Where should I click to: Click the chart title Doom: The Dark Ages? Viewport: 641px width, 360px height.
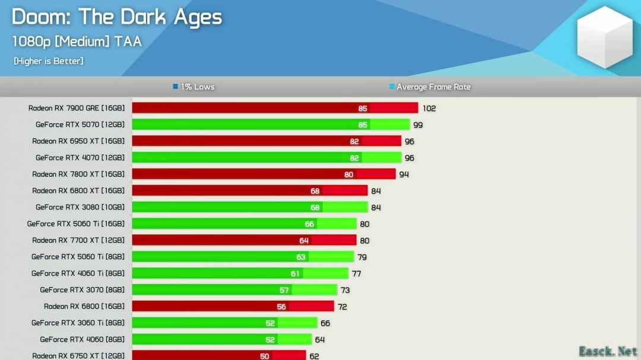pos(116,17)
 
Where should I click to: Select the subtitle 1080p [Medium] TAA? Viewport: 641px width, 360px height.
pos(77,42)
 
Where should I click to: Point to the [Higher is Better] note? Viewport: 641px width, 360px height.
pos(48,61)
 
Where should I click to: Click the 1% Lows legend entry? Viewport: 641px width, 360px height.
pos(193,87)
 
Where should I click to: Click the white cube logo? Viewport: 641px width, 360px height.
pos(605,37)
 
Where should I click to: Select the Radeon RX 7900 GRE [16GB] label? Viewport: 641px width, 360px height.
pos(76,108)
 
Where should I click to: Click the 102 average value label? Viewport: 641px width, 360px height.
pos(429,109)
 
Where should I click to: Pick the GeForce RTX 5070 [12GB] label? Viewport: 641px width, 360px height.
pos(80,125)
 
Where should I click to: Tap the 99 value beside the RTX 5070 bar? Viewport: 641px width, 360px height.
pos(418,125)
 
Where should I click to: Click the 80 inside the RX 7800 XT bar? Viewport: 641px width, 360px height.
pos(348,174)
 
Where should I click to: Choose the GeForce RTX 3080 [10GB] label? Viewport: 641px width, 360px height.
pos(80,207)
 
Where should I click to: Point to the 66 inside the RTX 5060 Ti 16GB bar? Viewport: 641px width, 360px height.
pos(309,224)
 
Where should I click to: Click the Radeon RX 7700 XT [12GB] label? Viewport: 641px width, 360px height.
pos(78,240)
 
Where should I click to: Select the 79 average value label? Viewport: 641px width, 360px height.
pos(361,257)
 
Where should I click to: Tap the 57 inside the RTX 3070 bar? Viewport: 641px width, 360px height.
pos(284,291)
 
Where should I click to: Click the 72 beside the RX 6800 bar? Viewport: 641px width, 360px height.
pos(342,307)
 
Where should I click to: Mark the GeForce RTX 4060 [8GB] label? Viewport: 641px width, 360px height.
pos(82,339)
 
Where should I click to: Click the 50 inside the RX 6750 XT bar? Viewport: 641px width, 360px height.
pos(264,356)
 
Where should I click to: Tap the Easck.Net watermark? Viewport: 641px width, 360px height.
pos(608,351)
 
